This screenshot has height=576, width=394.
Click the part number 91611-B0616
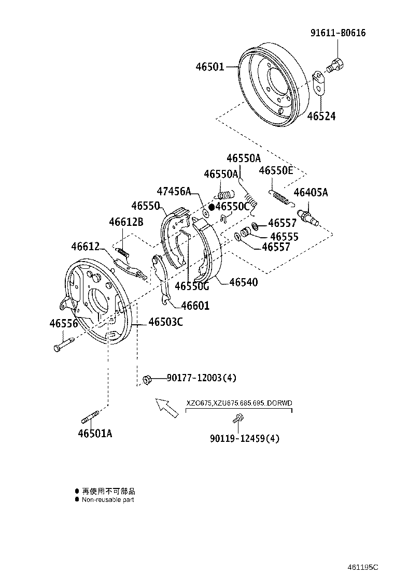click(338, 33)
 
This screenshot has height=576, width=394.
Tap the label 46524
click(321, 116)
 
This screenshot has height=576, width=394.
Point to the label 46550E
click(275, 170)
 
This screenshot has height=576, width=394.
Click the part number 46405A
click(311, 193)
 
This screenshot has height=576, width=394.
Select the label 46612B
click(126, 222)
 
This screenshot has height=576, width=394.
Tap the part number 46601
click(192, 306)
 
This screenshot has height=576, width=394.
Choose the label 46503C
click(165, 322)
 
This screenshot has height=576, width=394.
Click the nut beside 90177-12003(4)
click(146, 379)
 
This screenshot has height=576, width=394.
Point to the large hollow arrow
click(166, 407)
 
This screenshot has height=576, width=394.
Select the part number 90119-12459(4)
click(245, 438)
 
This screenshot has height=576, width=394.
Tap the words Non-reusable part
click(108, 500)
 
